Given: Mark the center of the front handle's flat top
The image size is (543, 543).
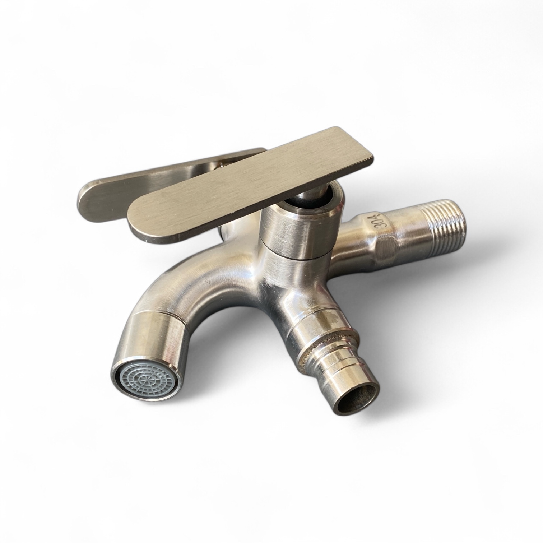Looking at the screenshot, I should (x=251, y=185).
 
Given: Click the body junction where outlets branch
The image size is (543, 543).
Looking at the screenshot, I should (x=287, y=287).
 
